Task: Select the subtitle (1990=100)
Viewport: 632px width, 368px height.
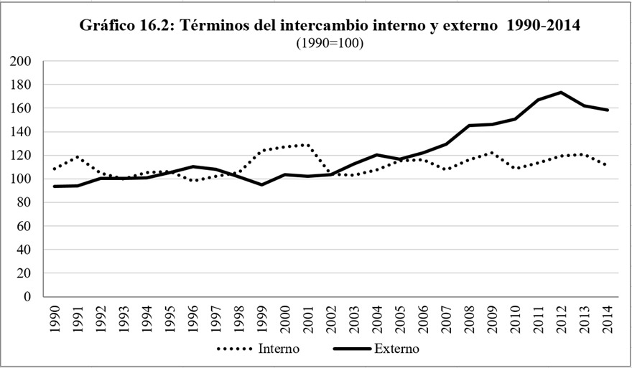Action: pos(330,43)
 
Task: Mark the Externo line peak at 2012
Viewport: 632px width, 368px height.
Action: pos(559,93)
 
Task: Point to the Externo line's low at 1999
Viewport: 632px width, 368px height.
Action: pos(262,184)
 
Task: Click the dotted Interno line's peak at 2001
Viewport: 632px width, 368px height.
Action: pos(308,145)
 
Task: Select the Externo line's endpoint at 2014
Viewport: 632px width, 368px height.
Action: pos(608,110)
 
